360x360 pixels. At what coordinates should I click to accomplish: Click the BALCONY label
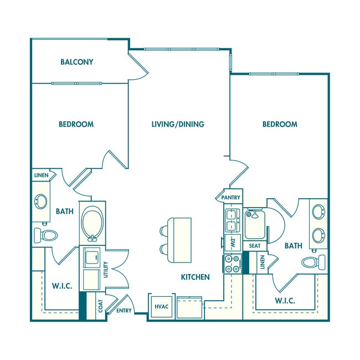click(77, 62)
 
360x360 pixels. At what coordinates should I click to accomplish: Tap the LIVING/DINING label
click(178, 124)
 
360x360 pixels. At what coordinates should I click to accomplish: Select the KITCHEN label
click(194, 277)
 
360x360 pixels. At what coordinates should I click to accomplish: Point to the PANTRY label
click(230, 197)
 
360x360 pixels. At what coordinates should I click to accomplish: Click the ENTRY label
click(124, 311)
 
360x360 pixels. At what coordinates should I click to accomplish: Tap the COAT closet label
click(101, 306)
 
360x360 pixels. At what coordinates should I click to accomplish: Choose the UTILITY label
click(106, 270)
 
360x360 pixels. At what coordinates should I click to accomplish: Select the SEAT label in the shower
click(255, 245)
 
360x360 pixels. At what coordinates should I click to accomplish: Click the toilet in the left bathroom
click(46, 235)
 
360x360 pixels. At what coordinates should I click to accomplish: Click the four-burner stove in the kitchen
click(232, 264)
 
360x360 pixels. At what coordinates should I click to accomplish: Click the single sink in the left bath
click(41, 202)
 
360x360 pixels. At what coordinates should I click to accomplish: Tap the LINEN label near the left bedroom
click(40, 176)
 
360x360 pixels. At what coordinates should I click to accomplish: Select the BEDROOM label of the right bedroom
click(280, 124)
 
